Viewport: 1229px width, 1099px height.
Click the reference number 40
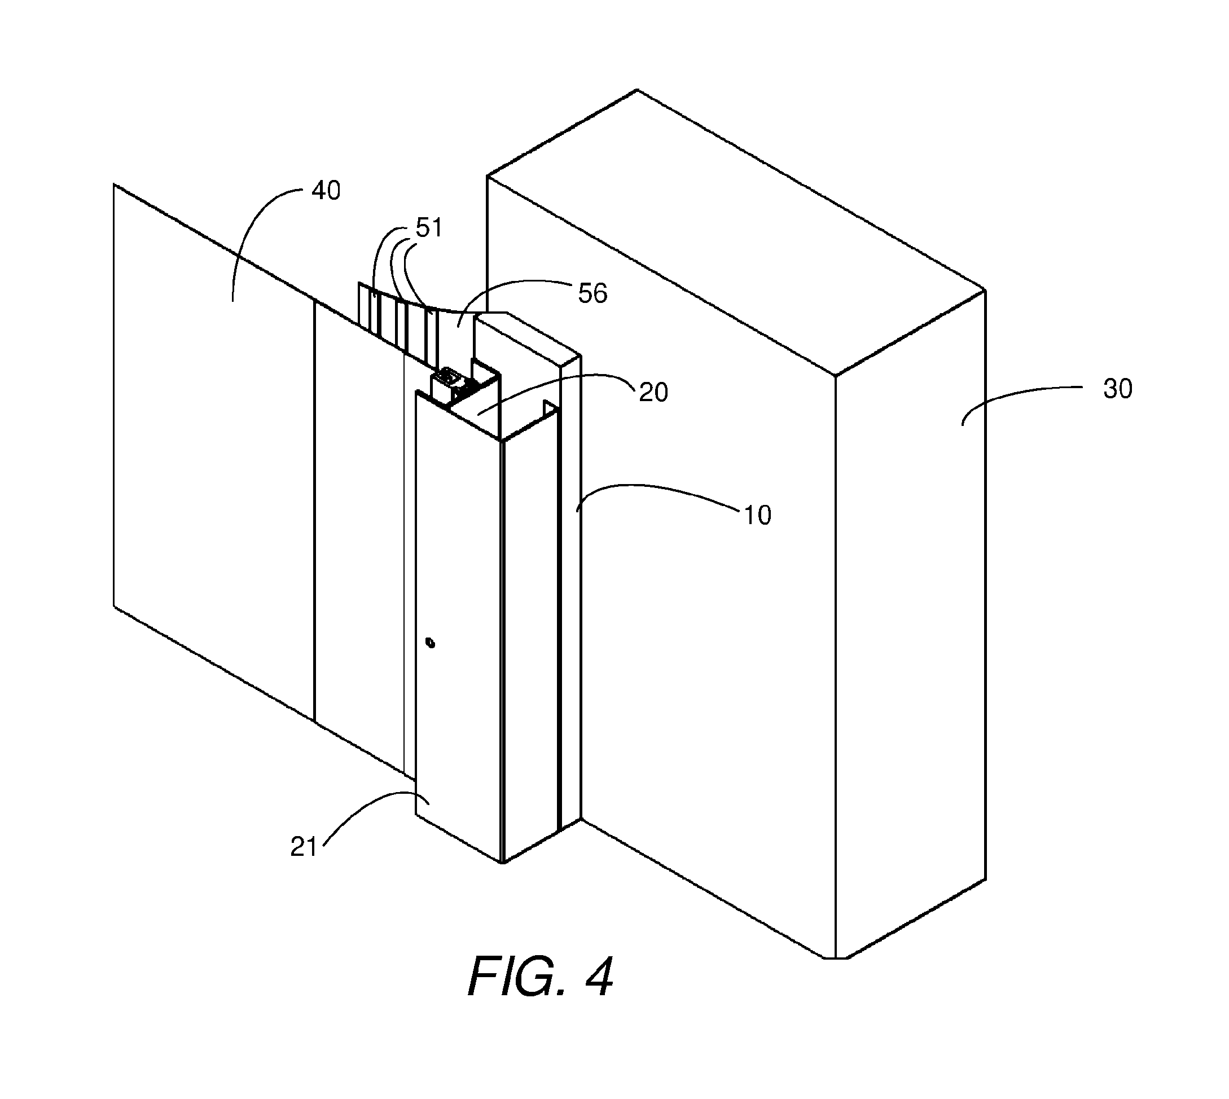click(x=326, y=191)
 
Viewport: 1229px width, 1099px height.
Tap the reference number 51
click(x=429, y=228)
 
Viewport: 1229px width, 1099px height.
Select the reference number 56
click(x=592, y=293)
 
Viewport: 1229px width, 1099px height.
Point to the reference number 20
click(x=653, y=393)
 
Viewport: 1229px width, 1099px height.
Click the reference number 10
click(x=757, y=515)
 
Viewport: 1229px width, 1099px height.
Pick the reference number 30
click(x=1118, y=389)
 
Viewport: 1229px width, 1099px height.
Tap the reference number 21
click(x=304, y=848)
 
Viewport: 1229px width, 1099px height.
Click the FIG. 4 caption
click(x=541, y=977)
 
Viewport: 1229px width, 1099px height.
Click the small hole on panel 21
click(x=430, y=643)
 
